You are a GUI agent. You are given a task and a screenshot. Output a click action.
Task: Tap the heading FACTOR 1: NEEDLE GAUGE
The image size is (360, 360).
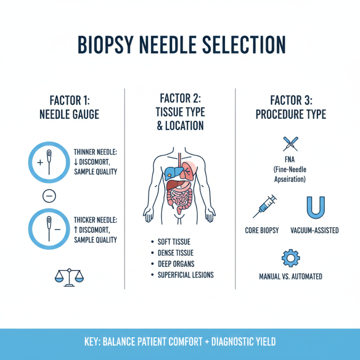(x=69, y=106)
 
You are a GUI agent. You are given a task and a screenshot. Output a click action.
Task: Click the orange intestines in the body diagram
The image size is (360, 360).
(x=180, y=198)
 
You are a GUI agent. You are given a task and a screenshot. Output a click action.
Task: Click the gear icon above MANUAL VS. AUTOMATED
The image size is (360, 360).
(x=290, y=258)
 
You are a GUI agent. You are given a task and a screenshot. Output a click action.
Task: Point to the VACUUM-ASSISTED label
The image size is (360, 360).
(x=315, y=230)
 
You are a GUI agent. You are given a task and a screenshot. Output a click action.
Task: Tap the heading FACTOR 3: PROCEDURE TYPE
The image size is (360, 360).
(x=291, y=106)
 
